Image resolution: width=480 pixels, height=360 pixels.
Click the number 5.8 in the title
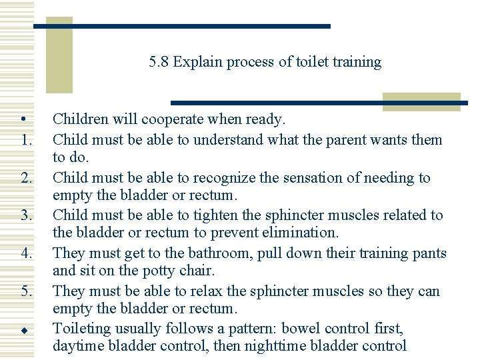(159, 63)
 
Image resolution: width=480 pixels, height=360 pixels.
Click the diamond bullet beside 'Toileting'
(23, 329)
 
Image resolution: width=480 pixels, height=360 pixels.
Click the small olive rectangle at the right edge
(421, 101)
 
